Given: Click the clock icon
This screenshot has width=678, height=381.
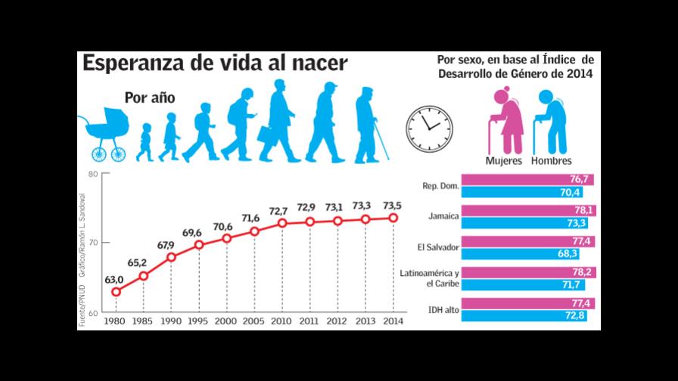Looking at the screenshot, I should click(428, 122).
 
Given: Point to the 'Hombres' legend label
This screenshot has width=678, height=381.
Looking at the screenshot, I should click(551, 160).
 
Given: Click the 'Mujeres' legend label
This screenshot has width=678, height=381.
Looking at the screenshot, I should click(504, 160).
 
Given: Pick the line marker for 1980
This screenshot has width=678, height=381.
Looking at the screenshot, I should click(116, 292).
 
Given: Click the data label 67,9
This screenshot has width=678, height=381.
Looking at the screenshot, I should click(165, 244).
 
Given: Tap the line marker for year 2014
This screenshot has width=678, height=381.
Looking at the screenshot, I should click(393, 218).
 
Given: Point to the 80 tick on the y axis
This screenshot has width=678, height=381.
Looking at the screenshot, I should click(94, 175).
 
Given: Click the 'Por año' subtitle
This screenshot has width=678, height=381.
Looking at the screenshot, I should click(150, 98).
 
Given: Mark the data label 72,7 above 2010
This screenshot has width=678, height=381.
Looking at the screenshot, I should click(281, 211).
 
